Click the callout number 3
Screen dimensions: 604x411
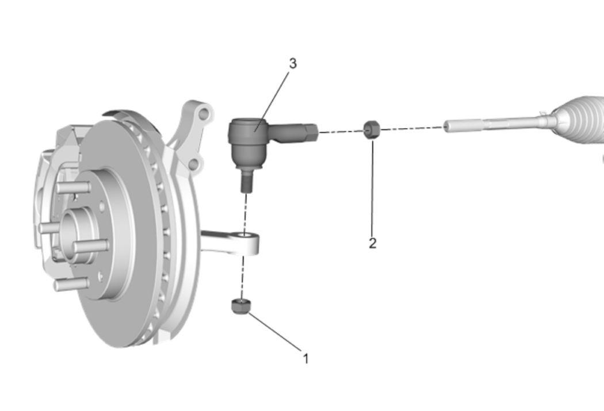[x=293, y=63]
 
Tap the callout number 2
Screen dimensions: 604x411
[x=373, y=243]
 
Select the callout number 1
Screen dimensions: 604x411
[x=306, y=359]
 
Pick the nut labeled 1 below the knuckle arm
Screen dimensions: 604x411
[x=241, y=306]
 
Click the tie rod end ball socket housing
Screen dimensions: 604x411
[x=247, y=143]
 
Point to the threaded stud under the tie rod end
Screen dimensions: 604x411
[x=246, y=182]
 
